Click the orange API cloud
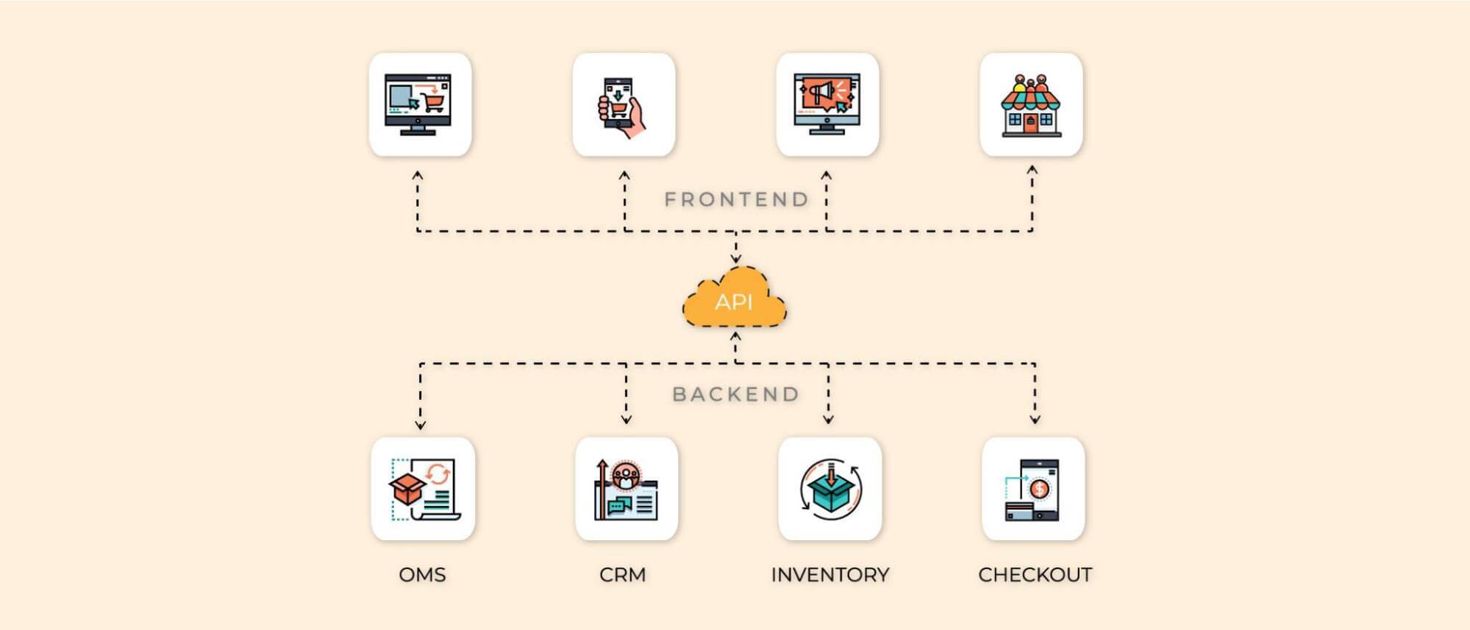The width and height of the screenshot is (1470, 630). coord(734,300)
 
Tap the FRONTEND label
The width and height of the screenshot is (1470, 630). coord(736,199)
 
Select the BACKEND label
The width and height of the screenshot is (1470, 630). coord(736,394)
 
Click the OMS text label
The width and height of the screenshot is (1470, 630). coord(422,574)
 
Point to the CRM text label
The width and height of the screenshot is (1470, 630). coord(622,574)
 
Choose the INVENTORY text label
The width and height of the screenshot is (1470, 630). coord(829,574)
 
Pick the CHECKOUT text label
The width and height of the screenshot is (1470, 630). coord(1035,574)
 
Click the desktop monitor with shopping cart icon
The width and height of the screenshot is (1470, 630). coord(419,104)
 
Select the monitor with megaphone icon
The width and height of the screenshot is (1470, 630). coord(827,104)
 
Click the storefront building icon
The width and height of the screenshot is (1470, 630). coord(1030,105)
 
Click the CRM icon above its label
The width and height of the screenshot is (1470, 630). coord(626,489)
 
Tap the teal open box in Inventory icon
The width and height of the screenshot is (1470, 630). coord(829,493)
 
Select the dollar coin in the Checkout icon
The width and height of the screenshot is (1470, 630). coord(1039,488)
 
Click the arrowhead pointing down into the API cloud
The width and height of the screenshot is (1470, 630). coord(735,259)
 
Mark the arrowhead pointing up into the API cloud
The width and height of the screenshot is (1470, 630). coord(735,337)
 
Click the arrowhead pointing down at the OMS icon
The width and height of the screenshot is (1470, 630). coord(420,424)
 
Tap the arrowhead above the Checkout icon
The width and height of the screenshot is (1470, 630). coord(1035,420)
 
